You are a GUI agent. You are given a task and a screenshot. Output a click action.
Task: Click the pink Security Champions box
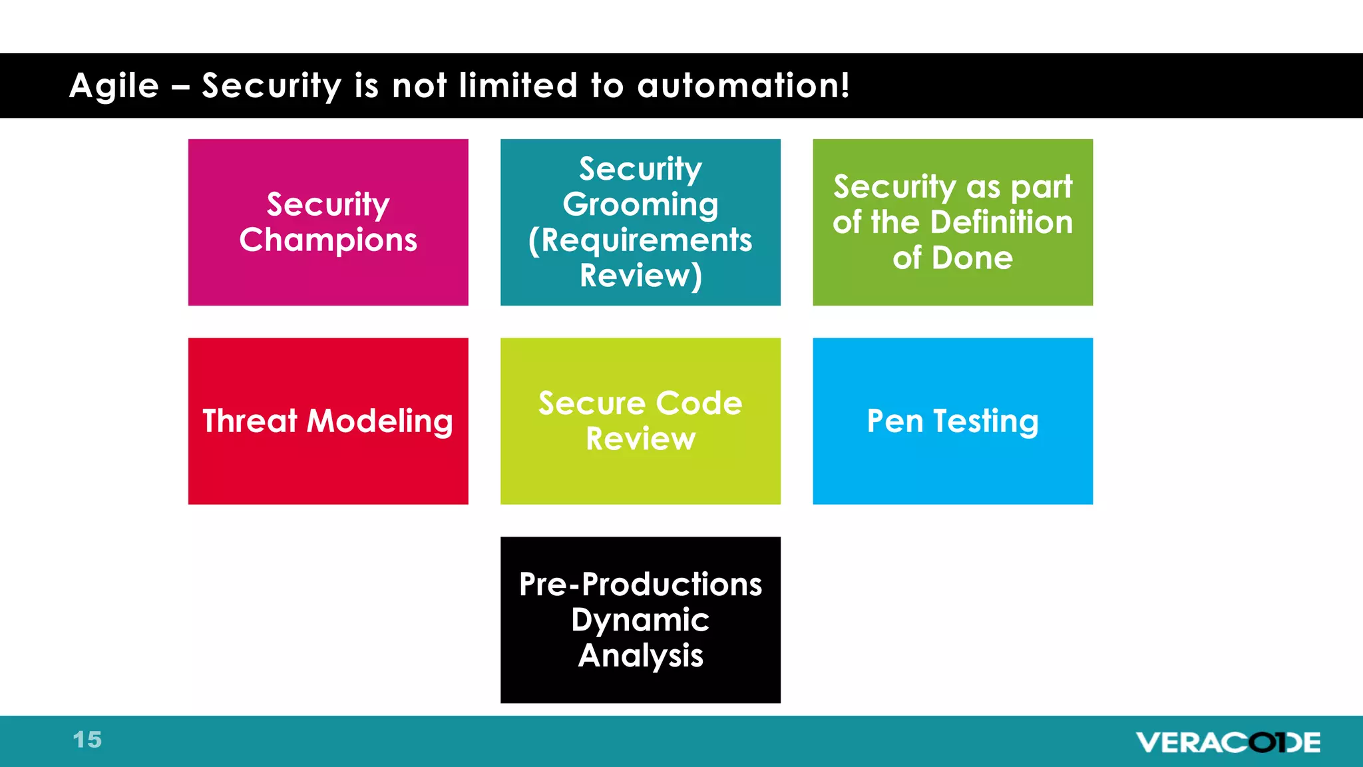click(x=328, y=222)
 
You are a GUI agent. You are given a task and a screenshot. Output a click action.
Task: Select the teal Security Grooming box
click(x=640, y=222)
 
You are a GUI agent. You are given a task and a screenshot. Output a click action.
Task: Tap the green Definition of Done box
click(x=952, y=222)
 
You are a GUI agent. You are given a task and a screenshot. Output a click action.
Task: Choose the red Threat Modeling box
click(x=328, y=421)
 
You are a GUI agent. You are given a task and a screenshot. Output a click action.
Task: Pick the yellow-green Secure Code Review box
click(x=640, y=421)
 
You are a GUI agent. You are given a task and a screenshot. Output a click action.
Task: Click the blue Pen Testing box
click(x=952, y=421)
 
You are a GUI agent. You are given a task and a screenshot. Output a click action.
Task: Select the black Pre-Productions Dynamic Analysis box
click(x=640, y=619)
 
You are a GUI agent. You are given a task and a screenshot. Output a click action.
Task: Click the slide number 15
click(x=87, y=740)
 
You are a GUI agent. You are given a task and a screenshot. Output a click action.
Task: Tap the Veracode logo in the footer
click(x=1228, y=742)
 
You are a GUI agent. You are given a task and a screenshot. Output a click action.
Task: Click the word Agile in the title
click(x=114, y=87)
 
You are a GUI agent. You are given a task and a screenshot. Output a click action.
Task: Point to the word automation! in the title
click(x=743, y=86)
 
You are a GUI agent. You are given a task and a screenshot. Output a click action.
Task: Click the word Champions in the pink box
click(x=328, y=240)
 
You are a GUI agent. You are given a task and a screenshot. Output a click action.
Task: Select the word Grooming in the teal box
click(x=640, y=204)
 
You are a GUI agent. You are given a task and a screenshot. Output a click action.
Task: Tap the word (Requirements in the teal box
click(x=640, y=240)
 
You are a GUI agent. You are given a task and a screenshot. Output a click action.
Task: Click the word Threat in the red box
click(x=250, y=421)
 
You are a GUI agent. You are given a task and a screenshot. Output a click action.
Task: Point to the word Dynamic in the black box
click(x=640, y=621)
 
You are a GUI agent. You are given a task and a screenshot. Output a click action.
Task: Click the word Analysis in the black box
click(x=640, y=656)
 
